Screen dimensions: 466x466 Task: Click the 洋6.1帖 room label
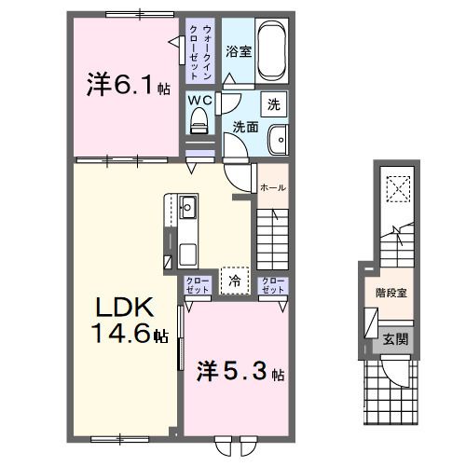pos(130,87)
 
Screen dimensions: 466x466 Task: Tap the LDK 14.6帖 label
pos(130,321)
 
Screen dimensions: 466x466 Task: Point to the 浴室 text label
pos(239,51)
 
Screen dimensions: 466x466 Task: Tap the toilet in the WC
pos(199,118)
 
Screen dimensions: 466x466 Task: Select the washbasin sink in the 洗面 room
pos(279,141)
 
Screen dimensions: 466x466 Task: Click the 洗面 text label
pos(245,127)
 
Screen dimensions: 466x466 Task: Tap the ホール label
pos(273,187)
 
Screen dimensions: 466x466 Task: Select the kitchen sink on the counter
pos(185,206)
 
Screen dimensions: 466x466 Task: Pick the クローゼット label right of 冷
pos(272,286)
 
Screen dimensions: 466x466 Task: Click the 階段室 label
pos(391,293)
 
